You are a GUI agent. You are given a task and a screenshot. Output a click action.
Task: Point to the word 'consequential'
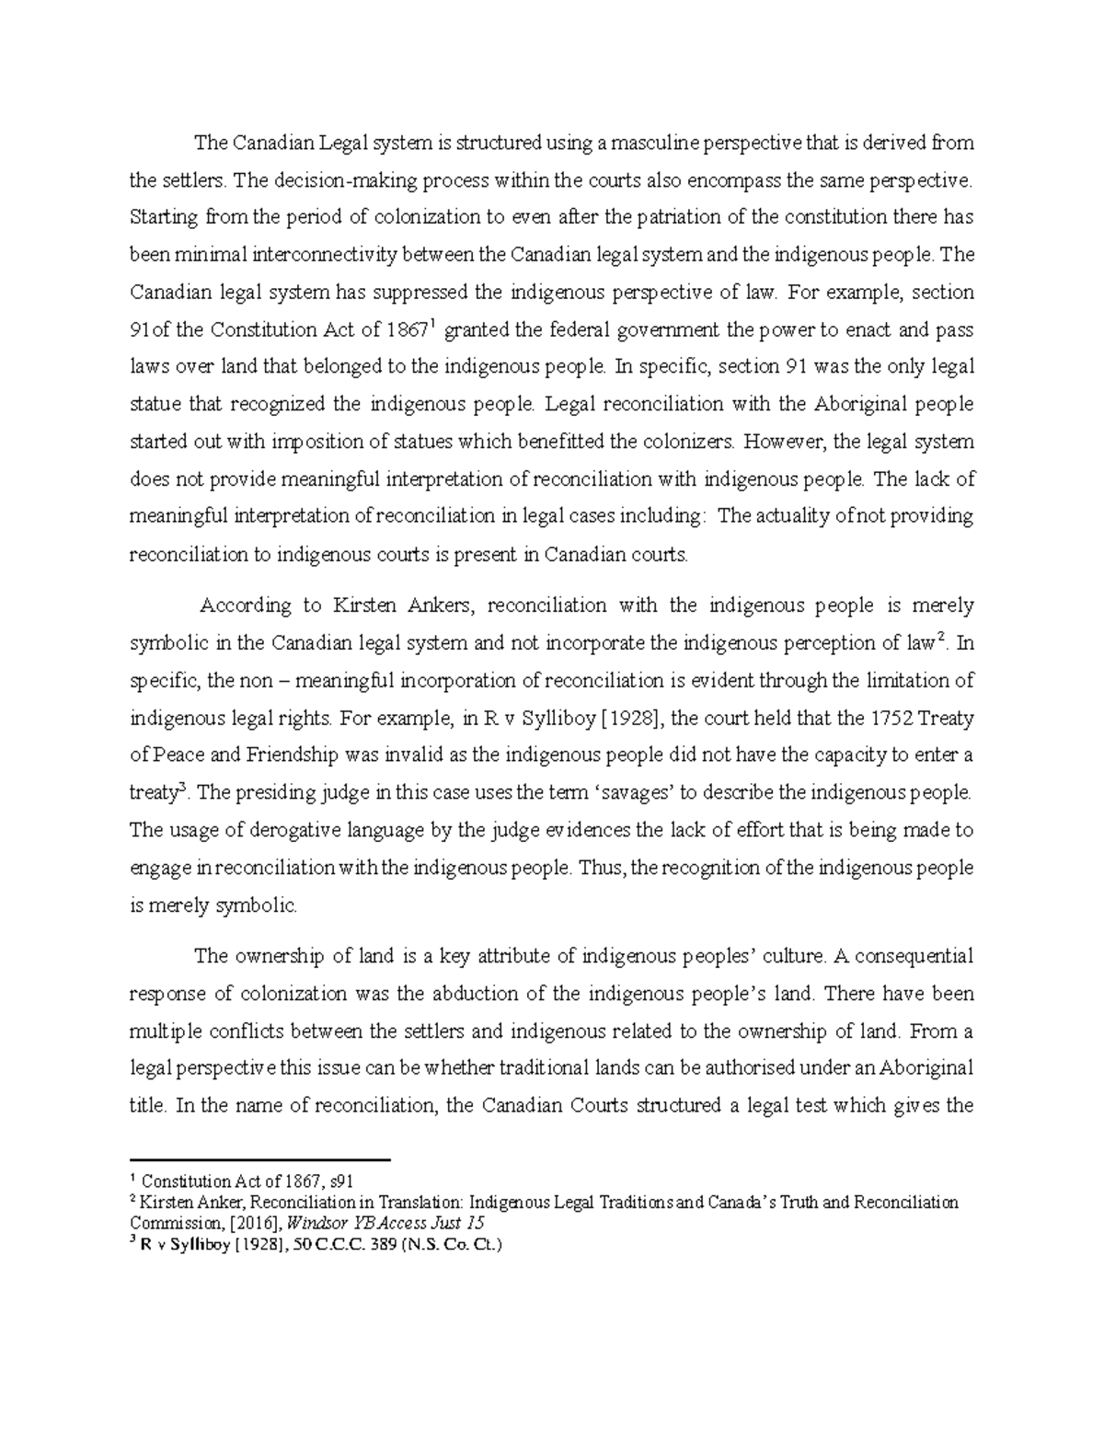pyautogui.click(x=911, y=956)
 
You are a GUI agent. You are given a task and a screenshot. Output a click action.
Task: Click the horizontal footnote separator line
pyautogui.click(x=261, y=1160)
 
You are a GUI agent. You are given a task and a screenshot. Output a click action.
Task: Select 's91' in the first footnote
pyautogui.click(x=340, y=1181)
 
